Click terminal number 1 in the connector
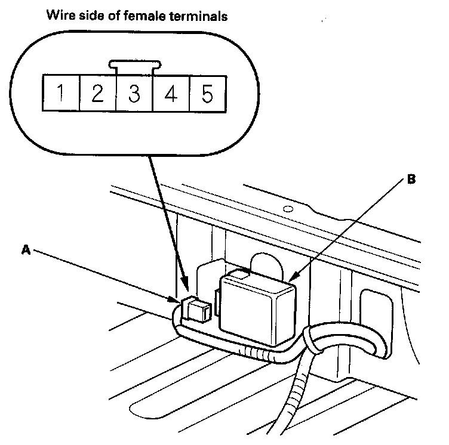[61, 94]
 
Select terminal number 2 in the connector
[97, 94]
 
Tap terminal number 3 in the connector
[134, 94]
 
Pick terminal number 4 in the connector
[171, 94]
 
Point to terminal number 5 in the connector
[207, 94]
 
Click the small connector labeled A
[196, 308]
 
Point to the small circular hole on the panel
[288, 209]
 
